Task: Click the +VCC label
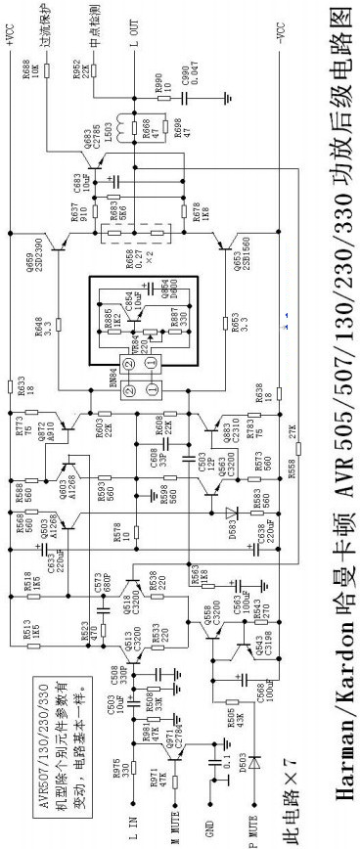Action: pyautogui.click(x=13, y=21)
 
